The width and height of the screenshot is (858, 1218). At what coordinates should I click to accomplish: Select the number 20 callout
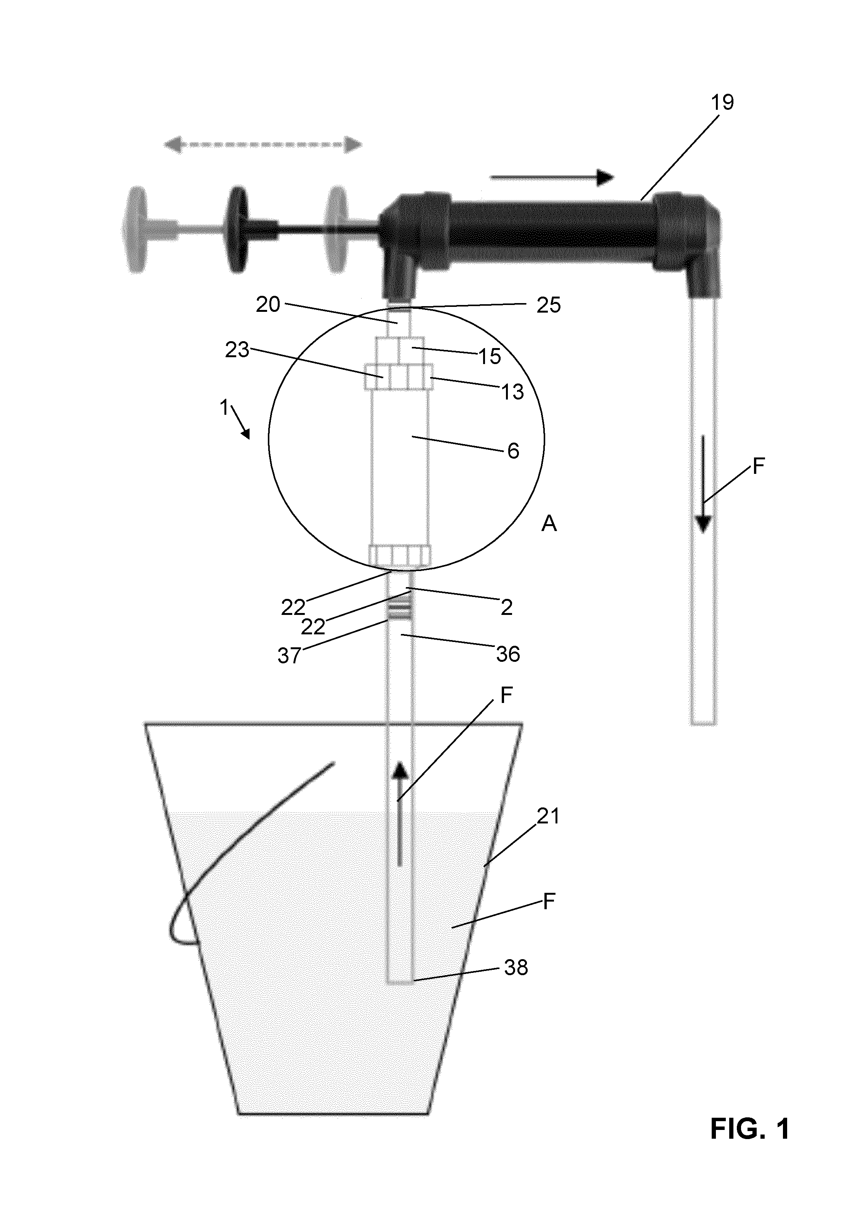(268, 305)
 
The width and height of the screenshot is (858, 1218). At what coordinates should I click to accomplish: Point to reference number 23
(237, 350)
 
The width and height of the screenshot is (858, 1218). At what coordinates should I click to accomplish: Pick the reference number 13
(512, 392)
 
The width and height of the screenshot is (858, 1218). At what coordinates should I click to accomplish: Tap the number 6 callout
(513, 451)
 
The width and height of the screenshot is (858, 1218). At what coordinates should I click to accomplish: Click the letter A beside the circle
(549, 524)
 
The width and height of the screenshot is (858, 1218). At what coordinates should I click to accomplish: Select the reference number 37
(290, 656)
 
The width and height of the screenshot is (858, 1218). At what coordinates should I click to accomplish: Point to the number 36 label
(507, 654)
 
